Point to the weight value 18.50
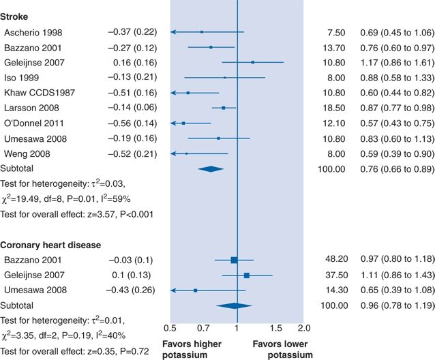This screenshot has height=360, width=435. click(x=335, y=108)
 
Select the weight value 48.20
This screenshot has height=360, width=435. click(x=335, y=260)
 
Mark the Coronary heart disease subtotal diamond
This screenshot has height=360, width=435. click(x=233, y=305)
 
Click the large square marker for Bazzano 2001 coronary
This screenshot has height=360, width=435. click(x=234, y=260)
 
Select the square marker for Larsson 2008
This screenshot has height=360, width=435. click(x=223, y=108)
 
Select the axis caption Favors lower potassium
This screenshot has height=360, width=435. click(x=282, y=348)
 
